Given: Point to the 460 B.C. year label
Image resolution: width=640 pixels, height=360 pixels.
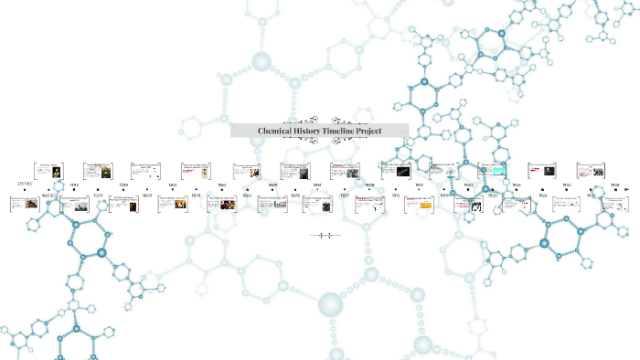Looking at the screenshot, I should click(49, 195).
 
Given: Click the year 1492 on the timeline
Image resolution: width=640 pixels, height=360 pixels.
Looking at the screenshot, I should click(74, 184).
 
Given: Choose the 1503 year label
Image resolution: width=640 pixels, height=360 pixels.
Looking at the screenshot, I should click(98, 195).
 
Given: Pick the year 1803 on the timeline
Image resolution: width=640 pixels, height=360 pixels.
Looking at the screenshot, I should click(147, 195).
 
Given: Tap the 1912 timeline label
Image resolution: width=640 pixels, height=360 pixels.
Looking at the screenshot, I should click(396, 195).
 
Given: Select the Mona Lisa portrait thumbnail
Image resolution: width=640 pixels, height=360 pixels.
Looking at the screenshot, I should click(97, 173).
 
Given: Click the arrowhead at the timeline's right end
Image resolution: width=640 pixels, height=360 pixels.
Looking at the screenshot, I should click(627, 190).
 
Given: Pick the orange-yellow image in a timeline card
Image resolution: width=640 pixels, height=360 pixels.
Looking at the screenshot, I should click(425, 206).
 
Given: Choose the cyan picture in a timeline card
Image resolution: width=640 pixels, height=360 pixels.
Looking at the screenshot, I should click(498, 170).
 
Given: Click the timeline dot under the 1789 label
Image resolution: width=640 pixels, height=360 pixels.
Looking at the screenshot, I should click(123, 190).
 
